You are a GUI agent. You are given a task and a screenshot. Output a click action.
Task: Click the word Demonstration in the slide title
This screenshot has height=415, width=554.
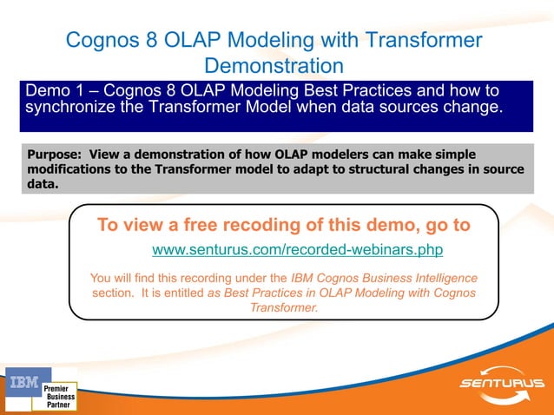click(274, 66)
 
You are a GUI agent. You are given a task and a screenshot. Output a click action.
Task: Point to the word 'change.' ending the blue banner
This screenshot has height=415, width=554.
click(474, 108)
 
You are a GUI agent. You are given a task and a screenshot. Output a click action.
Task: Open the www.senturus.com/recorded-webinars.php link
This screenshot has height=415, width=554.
click(298, 251)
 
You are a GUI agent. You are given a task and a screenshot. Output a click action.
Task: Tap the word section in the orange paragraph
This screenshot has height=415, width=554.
click(114, 293)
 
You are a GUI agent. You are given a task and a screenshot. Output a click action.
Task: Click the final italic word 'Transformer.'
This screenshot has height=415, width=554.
click(284, 308)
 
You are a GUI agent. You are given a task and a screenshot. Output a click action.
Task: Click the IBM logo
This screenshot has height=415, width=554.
click(23, 382)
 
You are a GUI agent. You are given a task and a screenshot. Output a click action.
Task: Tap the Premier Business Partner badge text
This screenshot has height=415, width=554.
click(58, 396)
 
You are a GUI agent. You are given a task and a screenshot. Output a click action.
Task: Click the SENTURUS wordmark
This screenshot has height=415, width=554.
click(502, 383)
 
